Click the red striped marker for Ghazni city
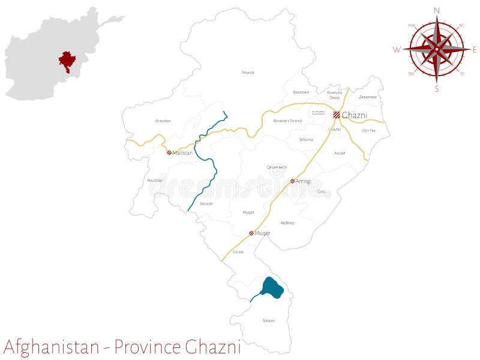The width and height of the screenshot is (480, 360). coord(337,115)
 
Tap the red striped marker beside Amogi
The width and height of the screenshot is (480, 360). coord(292,181)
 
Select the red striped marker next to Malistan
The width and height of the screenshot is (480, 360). coord(169,152)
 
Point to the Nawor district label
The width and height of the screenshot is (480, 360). coord(248,72)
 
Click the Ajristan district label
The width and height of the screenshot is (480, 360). coord(163,121)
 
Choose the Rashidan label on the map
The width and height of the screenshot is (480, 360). coord(301,92)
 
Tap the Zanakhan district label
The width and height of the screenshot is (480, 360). coord(367,97)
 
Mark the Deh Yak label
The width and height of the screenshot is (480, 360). coord(368,130)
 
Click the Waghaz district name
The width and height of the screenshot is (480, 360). coord(306,139)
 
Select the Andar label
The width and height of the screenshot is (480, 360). coord(340,153)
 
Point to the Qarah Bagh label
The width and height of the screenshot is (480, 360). coord(277,167)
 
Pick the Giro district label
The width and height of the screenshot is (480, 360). coord(322,191)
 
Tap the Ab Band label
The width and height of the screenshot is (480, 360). coord(287,223)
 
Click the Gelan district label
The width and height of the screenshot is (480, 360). coord(238,251)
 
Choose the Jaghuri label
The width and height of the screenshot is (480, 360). coord(206,204)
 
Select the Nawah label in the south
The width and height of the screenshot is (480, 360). coord(268,320)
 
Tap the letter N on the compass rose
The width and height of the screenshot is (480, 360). coord(436,10)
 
